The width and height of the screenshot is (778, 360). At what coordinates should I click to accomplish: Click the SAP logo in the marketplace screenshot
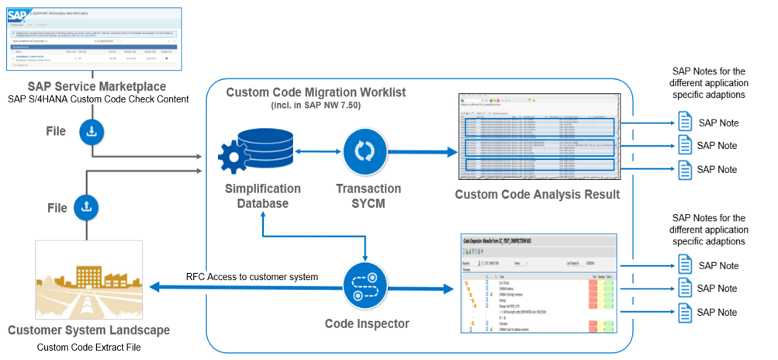point(18,13)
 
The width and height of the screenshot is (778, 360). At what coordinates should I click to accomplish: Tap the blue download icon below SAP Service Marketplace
point(91,132)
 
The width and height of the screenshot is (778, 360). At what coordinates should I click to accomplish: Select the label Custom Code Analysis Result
point(537,195)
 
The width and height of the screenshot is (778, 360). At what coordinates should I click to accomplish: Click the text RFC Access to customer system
point(252,277)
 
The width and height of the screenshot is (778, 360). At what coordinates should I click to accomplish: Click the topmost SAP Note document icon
point(684,122)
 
